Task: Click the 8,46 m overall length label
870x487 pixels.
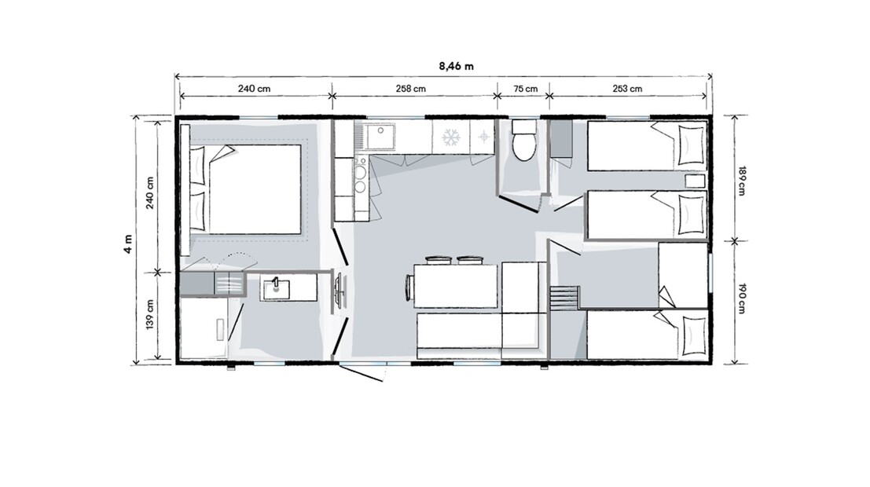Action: coord(456,66)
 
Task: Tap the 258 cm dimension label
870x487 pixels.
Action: coord(410,89)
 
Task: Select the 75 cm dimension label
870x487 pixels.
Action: coord(526,89)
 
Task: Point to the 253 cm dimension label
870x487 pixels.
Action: coord(627,89)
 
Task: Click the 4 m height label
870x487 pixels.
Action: coord(129,243)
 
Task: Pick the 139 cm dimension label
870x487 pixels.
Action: coord(150,314)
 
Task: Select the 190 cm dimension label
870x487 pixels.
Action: coord(742,298)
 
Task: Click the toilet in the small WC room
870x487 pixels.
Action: coord(523,141)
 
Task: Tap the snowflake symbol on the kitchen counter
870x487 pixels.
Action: coord(451,137)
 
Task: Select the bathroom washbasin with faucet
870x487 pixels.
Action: coord(276,288)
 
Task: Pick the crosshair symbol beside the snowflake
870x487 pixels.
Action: coord(484,137)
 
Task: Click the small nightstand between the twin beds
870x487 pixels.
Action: coord(695,181)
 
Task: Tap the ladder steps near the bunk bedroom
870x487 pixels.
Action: coord(563,299)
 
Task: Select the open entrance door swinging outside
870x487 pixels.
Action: coord(361,372)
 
